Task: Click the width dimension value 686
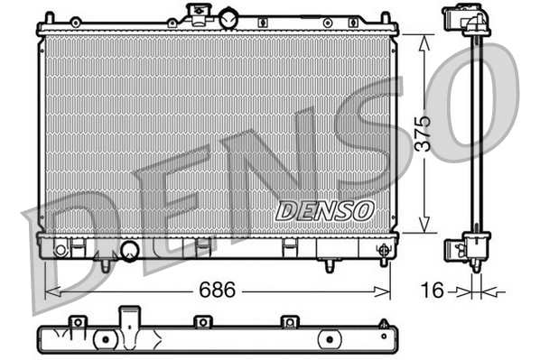[217, 291]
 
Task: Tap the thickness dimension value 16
[434, 291]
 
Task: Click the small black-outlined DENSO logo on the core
[324, 210]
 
